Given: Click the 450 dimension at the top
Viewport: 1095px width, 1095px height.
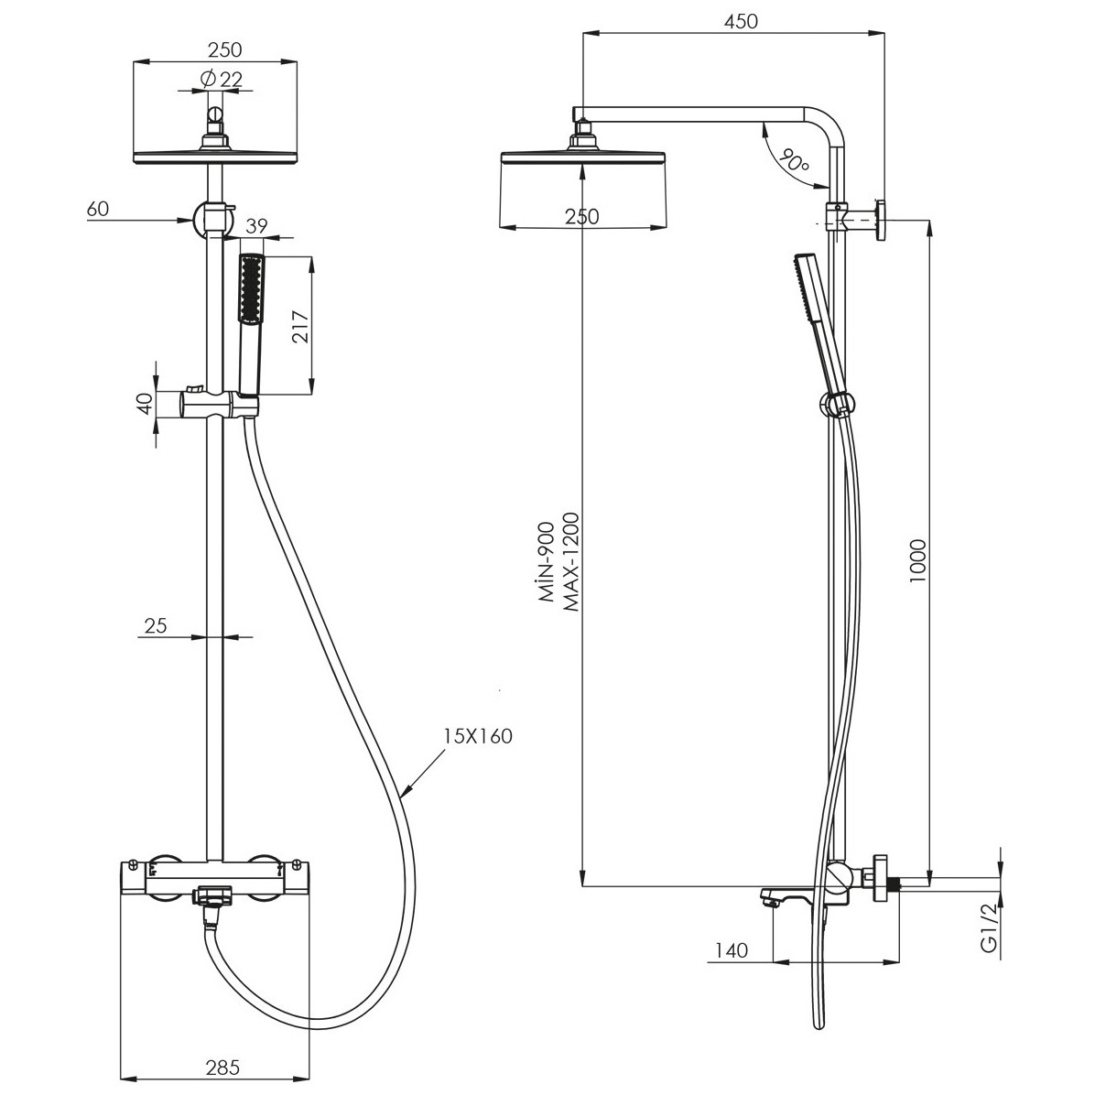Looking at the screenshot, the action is (x=741, y=22).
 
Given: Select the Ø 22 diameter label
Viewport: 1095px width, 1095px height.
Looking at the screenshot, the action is (x=221, y=79).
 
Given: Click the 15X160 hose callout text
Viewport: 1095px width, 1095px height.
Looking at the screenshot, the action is (x=478, y=736).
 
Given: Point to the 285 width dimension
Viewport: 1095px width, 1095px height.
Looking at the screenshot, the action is (x=222, y=1067).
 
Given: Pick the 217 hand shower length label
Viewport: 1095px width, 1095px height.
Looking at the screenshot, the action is (x=300, y=326).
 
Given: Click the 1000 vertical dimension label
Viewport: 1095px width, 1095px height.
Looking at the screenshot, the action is (x=917, y=562).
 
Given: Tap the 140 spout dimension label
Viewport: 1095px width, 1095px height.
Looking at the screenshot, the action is (x=732, y=949).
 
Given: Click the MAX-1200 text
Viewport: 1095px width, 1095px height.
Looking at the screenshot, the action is (x=571, y=563).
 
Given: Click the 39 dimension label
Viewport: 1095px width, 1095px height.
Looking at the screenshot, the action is (x=257, y=225).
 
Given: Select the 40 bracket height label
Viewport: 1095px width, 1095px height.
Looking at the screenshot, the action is (x=145, y=404).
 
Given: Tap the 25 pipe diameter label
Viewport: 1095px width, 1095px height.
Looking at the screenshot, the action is (x=156, y=625).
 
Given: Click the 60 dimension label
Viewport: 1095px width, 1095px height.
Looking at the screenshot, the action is (x=99, y=208).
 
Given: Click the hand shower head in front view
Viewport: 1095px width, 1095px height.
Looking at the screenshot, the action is (x=251, y=287).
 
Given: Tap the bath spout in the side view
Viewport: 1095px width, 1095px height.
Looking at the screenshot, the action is (x=785, y=896).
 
